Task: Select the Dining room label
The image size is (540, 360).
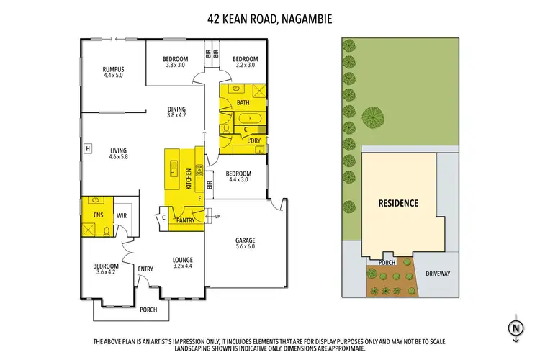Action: [176, 111]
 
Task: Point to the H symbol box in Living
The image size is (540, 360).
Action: [88, 149]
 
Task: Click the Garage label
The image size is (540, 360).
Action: [246, 243]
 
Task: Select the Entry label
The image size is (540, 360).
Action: [146, 269]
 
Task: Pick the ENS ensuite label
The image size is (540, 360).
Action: [97, 215]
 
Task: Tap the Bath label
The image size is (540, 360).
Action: [243, 103]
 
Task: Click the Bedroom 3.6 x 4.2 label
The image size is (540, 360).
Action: [104, 269]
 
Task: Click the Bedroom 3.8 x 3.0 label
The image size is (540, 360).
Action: [176, 61]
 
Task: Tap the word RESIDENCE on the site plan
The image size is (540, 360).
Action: [398, 203]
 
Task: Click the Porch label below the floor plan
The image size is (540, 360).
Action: [148, 310]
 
